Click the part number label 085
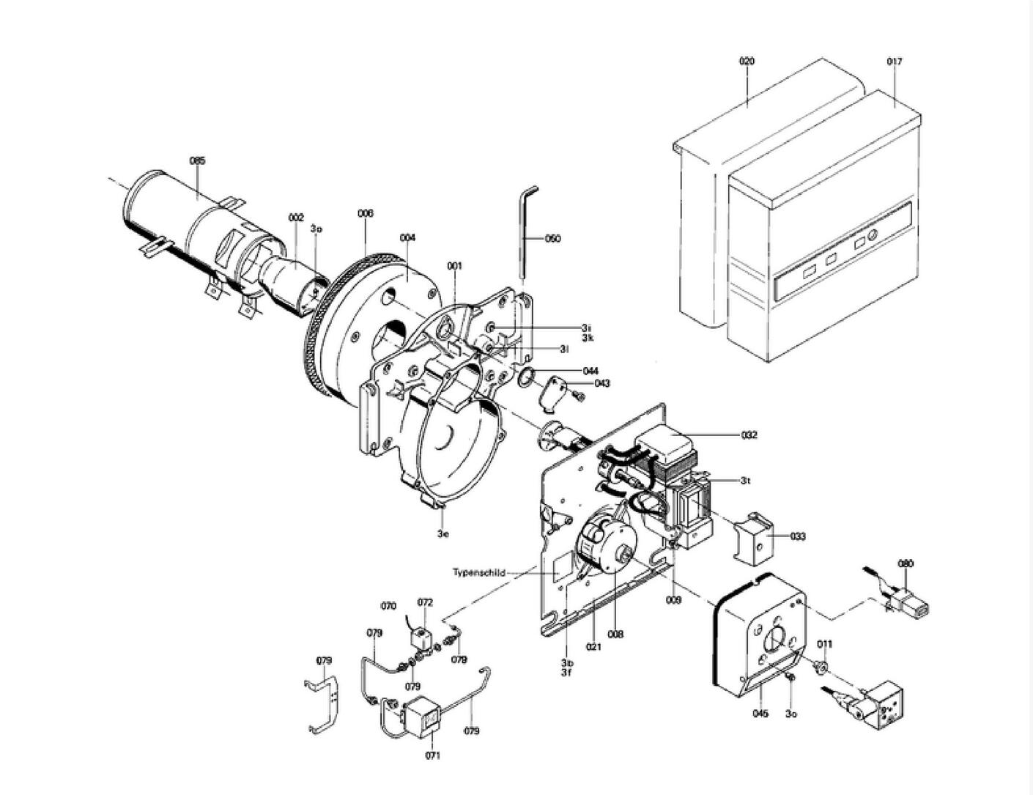197,160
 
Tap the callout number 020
747,62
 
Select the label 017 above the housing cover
895,62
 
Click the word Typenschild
478,573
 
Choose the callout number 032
749,435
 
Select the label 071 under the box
432,755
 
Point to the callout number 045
760,714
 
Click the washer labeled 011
821,667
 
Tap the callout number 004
407,237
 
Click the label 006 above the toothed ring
366,213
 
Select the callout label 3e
443,533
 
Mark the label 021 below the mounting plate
593,646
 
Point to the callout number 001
455,265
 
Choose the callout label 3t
746,481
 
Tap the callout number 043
602,383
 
